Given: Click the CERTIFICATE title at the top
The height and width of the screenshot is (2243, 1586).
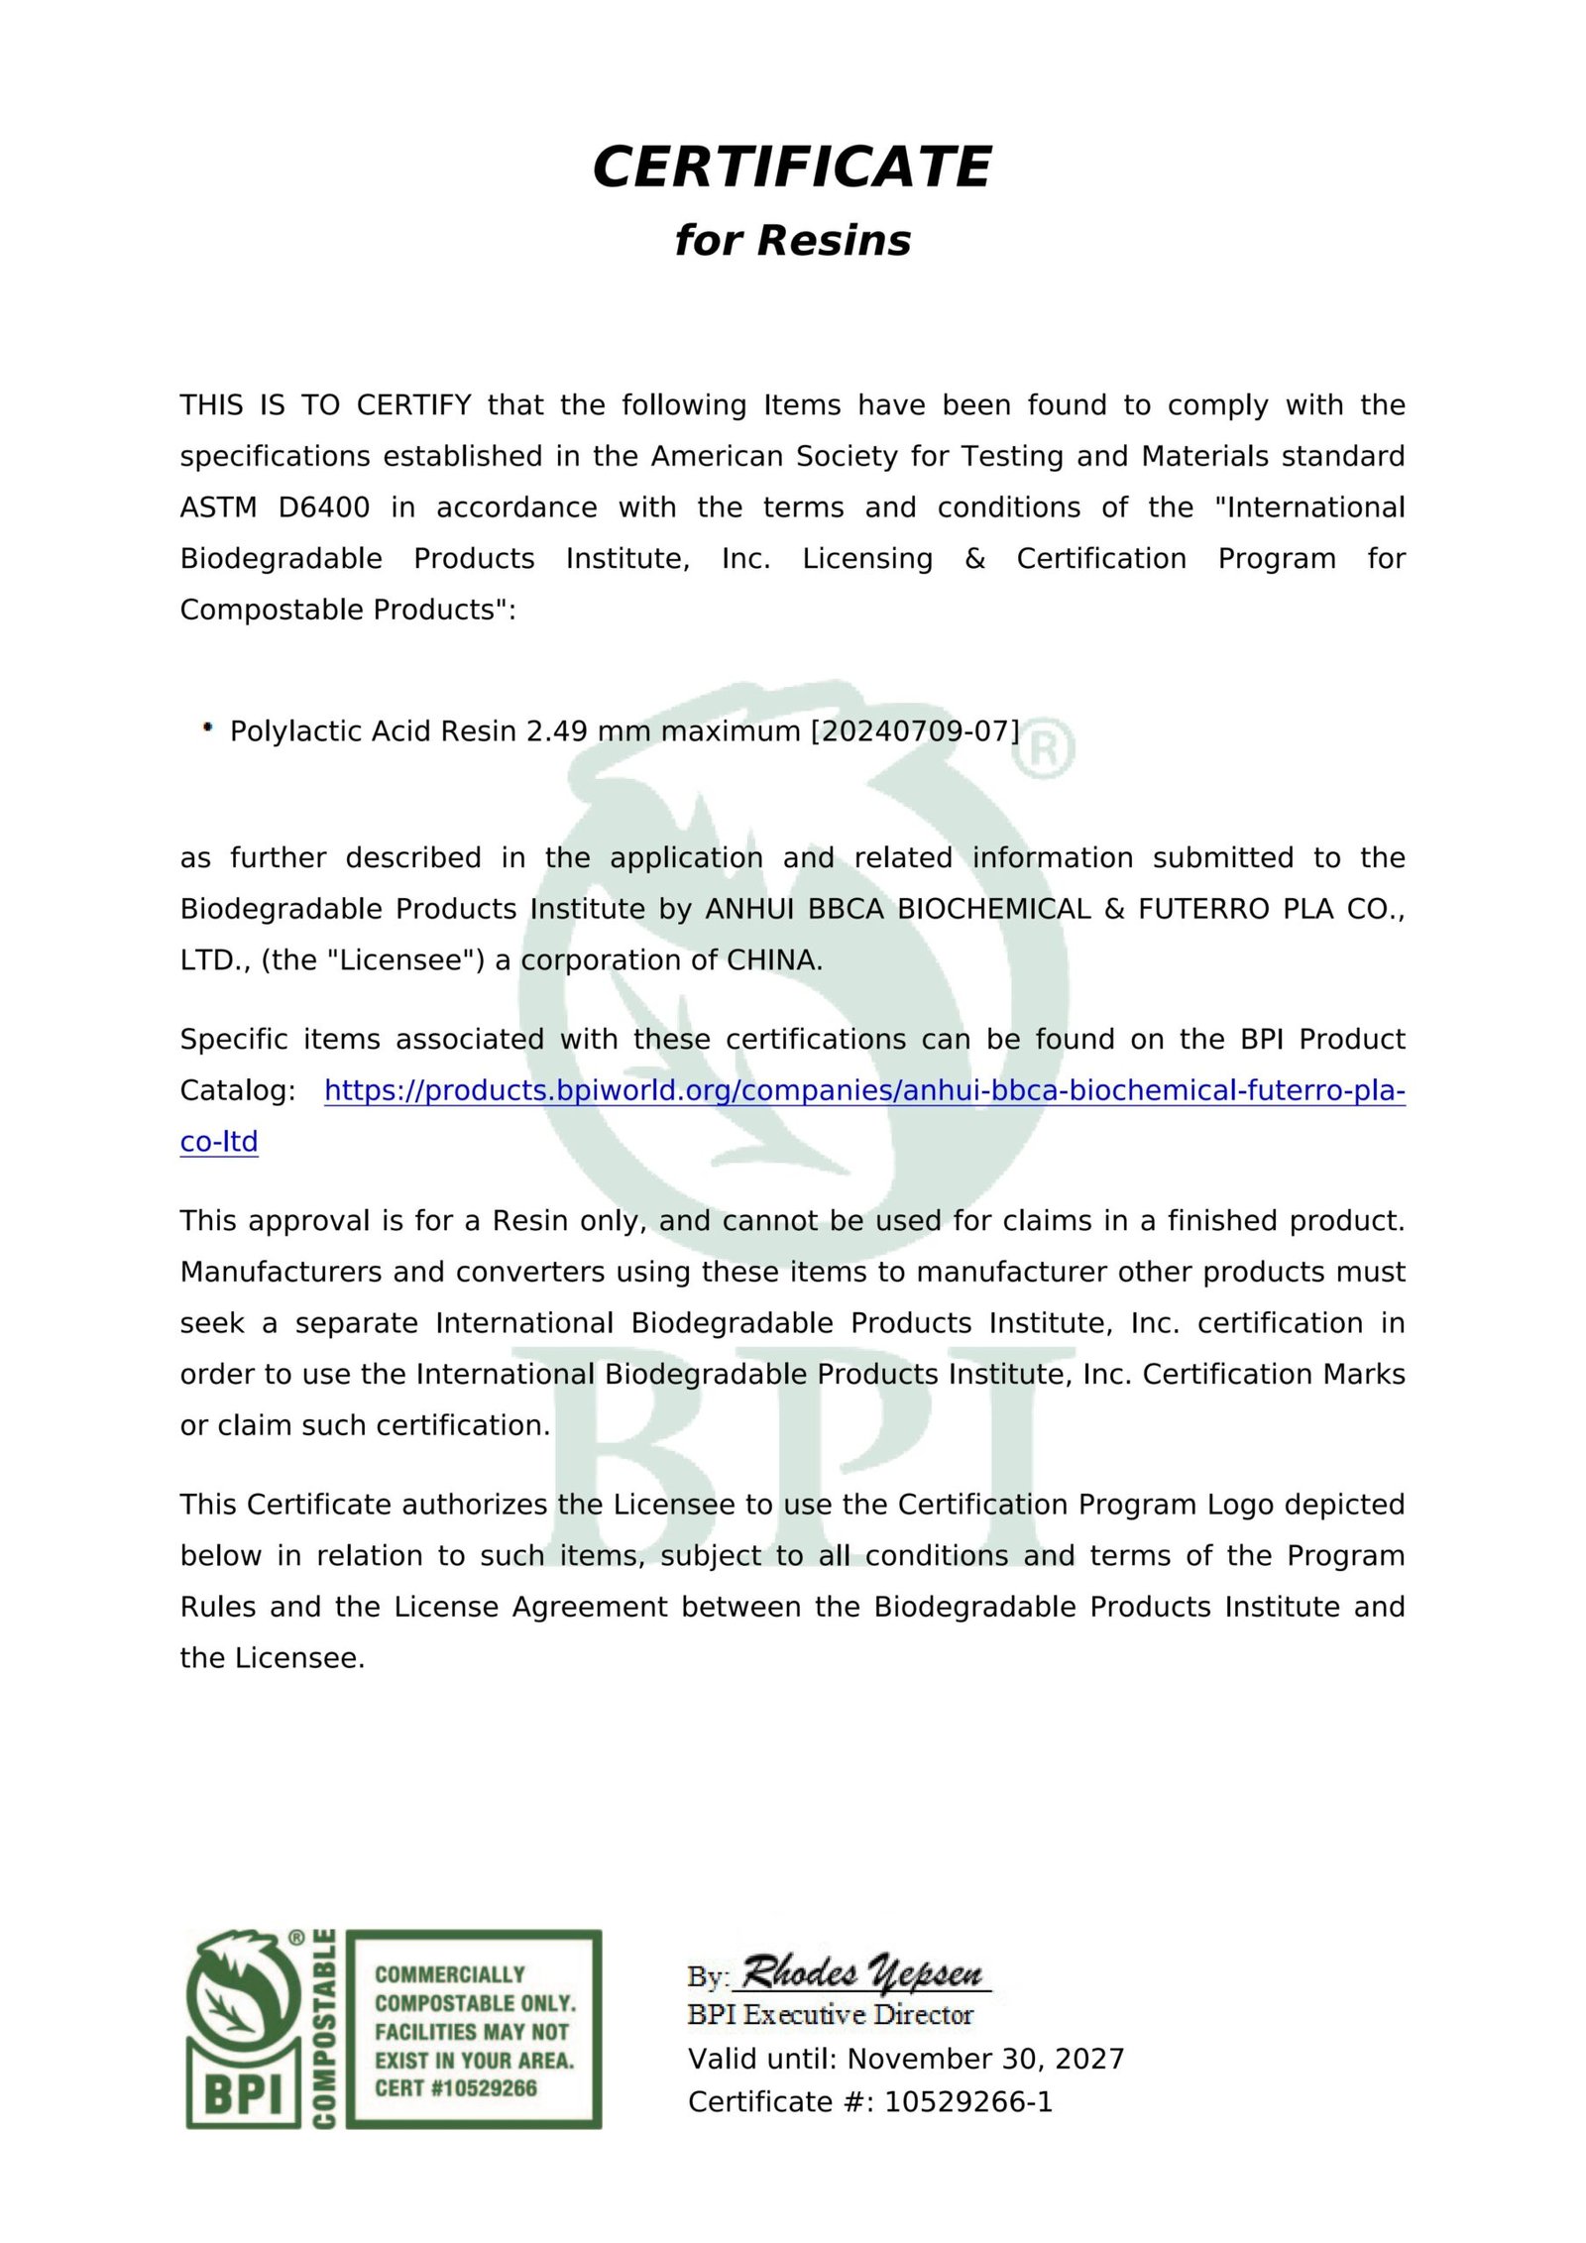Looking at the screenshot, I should (792, 167).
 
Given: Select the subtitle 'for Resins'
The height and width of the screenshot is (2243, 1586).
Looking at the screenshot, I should (792, 241).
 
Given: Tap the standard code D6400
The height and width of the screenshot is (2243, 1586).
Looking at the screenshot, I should (323, 507).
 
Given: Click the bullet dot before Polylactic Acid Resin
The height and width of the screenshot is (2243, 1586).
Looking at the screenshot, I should (207, 728).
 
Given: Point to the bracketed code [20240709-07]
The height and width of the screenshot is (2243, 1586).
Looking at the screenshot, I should (915, 731).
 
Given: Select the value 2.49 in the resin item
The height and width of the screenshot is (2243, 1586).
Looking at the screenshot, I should (550, 731).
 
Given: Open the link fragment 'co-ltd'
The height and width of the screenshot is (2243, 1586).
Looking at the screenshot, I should (219, 1142).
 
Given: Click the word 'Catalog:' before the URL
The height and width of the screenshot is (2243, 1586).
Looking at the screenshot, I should (238, 1091).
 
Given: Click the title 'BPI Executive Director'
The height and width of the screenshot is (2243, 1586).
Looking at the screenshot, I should (830, 2015).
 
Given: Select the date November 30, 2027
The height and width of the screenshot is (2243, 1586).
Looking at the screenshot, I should (985, 2059).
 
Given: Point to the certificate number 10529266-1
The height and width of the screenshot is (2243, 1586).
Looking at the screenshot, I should (967, 2101).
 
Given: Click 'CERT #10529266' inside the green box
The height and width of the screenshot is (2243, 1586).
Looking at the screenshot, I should (455, 2088).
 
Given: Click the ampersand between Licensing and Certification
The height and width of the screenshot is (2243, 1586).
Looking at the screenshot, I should (974, 559).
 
